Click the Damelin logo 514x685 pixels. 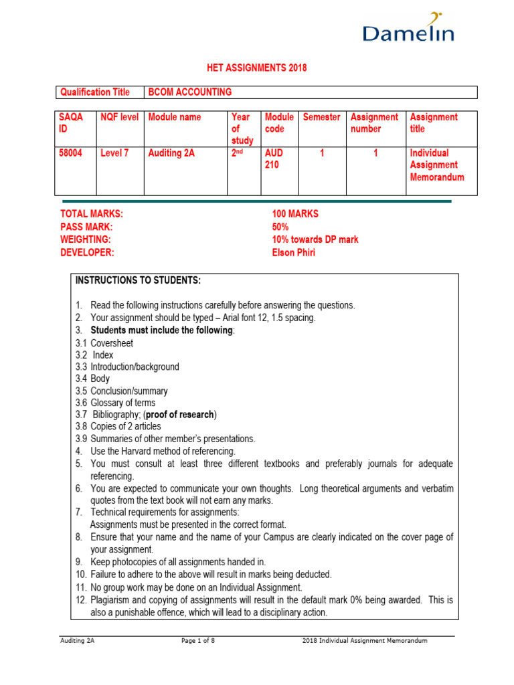(x=408, y=29)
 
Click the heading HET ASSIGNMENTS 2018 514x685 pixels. (x=256, y=69)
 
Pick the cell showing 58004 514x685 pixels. (x=72, y=153)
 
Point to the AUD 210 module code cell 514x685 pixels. (x=274, y=159)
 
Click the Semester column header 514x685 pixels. (x=322, y=117)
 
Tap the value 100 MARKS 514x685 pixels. (x=295, y=214)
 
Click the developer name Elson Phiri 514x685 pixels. (x=294, y=253)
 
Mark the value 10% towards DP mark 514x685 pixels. (x=315, y=239)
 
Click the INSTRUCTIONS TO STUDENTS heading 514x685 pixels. (x=138, y=280)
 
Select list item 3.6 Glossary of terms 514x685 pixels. (x=115, y=403)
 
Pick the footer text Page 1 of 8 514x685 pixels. (x=202, y=641)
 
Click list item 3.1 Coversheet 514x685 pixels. (x=104, y=343)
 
